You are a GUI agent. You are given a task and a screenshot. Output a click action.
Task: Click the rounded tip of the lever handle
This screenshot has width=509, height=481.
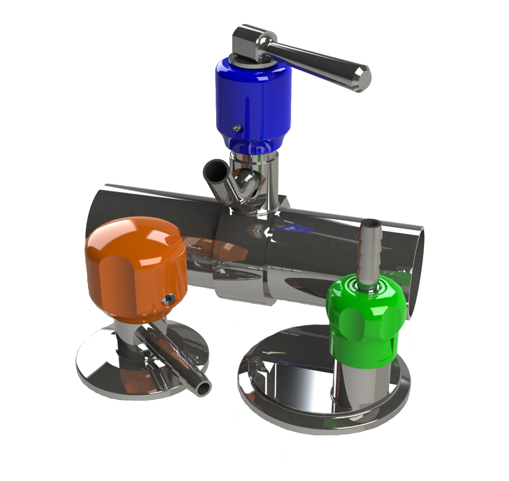[363, 78]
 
